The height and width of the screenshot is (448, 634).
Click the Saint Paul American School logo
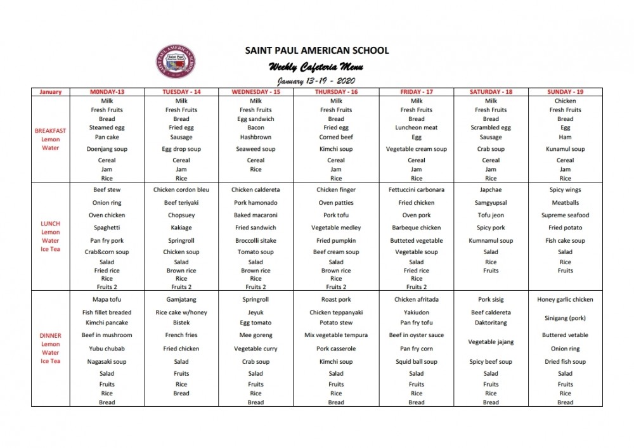coord(176,62)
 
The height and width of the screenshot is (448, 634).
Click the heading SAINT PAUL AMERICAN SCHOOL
coord(317,51)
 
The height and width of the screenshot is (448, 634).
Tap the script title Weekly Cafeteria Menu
coord(316,67)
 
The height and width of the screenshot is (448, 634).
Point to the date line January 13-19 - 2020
coord(316,81)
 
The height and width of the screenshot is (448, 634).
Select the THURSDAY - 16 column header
coord(336,92)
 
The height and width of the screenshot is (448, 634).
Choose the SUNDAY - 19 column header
coord(565,92)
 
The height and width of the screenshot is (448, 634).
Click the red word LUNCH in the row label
coord(50,224)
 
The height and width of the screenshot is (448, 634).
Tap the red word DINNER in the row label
coord(50,336)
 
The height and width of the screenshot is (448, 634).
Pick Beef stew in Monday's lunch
coord(107,189)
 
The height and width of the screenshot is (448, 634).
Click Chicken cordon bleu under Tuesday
coord(181,189)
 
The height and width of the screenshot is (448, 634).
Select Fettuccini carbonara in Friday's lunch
coord(417,189)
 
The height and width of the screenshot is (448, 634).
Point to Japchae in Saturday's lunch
coord(491,189)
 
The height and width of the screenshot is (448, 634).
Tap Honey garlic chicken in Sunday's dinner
coord(565,300)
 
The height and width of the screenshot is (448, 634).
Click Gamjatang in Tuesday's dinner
coord(181,300)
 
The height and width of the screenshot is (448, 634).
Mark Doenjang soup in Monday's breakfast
coord(107,150)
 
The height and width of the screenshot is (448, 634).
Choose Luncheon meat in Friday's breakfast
coord(417,127)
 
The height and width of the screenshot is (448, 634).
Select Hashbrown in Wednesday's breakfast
coord(256,137)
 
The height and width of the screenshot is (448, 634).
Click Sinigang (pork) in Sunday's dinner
coord(565,318)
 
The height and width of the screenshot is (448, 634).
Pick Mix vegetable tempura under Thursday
coord(336,335)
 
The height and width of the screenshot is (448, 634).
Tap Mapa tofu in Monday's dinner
coord(107,300)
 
